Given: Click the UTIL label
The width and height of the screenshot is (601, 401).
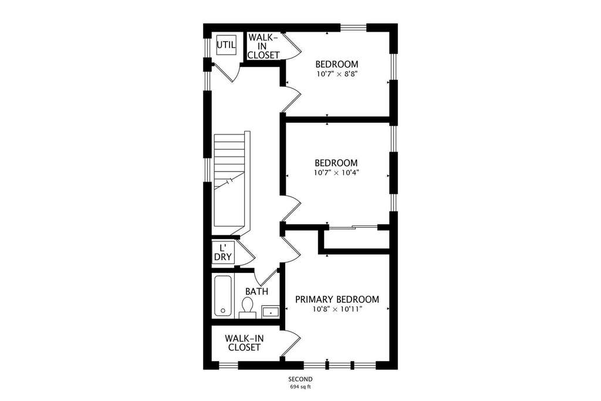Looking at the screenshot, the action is [x=226, y=45].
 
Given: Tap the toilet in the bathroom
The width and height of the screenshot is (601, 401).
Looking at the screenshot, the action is [x=247, y=308].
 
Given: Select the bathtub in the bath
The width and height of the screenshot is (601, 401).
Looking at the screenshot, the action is [x=222, y=296].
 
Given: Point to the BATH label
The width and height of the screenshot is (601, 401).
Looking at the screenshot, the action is [x=256, y=291].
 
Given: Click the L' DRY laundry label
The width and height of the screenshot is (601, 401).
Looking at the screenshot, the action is [x=222, y=252].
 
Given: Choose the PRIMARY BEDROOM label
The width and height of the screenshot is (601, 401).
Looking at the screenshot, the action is [x=337, y=299].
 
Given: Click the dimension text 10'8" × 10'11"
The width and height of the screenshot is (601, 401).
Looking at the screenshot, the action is [x=337, y=309].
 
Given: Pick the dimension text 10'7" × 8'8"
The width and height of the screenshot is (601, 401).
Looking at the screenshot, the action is [x=337, y=73].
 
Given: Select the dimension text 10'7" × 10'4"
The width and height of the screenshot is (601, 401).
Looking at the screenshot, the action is [x=336, y=173].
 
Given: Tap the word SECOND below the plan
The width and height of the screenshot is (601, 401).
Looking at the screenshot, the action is [x=300, y=379].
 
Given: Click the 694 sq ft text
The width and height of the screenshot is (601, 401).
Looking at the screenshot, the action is [x=300, y=386].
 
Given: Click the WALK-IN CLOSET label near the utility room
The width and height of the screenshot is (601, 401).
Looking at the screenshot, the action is [x=264, y=46].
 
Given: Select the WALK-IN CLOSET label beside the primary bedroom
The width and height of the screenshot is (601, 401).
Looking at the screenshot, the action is [x=244, y=343].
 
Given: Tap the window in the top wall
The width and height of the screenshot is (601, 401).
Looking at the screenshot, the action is [x=353, y=28].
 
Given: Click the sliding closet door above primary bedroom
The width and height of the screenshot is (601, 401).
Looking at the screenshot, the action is [x=353, y=227].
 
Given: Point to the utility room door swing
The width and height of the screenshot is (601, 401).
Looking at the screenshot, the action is [x=226, y=73].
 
